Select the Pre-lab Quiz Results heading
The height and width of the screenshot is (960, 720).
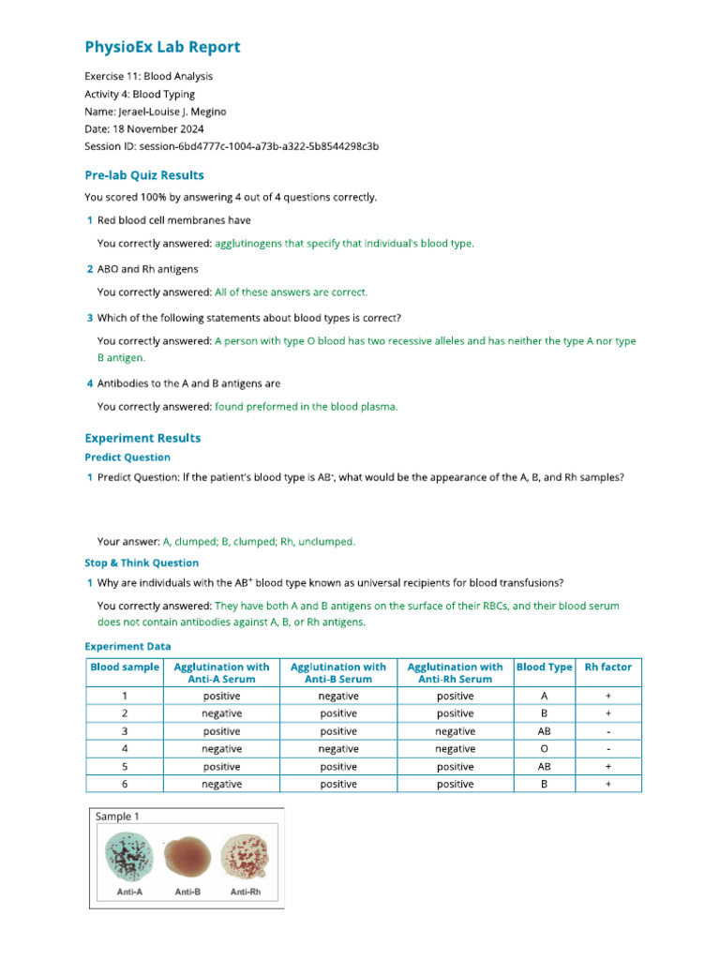(143, 175)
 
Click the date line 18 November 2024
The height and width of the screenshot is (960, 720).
(143, 128)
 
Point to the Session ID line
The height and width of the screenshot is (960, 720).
(232, 146)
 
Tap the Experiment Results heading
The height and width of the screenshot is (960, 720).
(142, 438)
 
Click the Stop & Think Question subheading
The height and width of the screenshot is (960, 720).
(142, 562)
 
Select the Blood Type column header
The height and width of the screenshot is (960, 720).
(544, 667)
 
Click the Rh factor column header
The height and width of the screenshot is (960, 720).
(607, 667)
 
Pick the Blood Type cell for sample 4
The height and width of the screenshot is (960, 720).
(544, 749)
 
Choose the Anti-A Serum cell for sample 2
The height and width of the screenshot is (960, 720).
(221, 713)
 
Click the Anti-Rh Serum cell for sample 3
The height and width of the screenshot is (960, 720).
(455, 731)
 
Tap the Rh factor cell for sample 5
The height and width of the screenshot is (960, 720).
(607, 766)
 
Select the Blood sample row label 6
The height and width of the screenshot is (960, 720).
(124, 784)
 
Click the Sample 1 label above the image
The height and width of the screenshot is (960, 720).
(118, 817)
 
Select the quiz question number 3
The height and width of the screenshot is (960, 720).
(89, 318)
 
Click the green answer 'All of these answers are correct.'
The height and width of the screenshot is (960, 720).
(291, 292)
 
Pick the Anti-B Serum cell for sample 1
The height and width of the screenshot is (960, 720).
(338, 697)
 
